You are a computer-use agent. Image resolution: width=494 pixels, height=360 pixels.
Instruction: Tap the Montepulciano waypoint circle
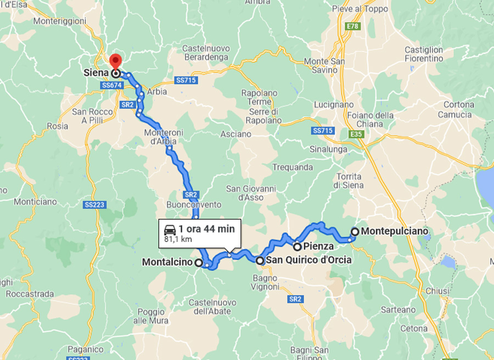[355, 232]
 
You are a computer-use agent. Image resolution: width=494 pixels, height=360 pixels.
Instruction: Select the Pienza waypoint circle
[297, 246]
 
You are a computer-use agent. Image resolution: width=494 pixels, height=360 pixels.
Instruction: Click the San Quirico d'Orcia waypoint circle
[260, 261]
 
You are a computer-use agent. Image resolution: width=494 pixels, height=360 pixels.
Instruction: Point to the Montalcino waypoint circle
[198, 262]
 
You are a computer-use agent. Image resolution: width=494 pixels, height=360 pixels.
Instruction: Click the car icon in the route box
[170, 229]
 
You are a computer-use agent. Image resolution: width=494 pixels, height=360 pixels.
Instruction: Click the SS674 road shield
[111, 86]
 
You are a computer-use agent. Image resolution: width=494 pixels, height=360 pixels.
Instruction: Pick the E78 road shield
[352, 26]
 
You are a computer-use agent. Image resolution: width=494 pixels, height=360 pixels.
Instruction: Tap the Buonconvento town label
[194, 205]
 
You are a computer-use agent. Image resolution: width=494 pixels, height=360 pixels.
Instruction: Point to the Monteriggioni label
[60, 21]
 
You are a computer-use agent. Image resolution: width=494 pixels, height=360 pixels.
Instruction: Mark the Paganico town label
[86, 349]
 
